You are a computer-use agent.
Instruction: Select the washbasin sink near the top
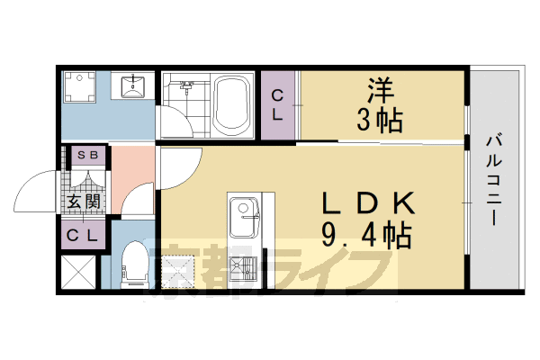[x=134, y=86]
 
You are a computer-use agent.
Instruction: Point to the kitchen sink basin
[x=242, y=215]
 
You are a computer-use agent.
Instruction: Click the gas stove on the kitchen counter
[x=242, y=268]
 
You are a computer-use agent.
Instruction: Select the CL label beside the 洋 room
[x=278, y=105]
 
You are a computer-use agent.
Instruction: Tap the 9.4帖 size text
[x=366, y=236]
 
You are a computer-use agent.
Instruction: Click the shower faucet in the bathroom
[x=188, y=87]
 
